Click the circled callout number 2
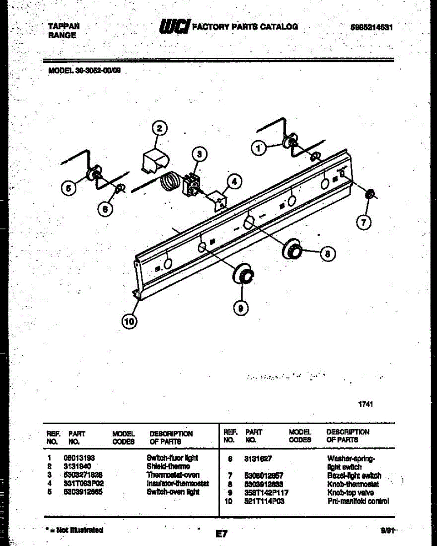[x=159, y=129]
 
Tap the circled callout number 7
[x=364, y=222]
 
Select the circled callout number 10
[x=129, y=322]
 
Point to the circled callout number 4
[x=233, y=182]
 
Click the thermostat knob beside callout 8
[x=293, y=249]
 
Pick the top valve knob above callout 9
[x=243, y=274]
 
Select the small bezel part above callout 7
[x=371, y=195]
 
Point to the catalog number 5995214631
[x=372, y=27]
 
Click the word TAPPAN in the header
[x=64, y=26]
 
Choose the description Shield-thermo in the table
[x=168, y=466]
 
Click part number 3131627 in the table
[x=258, y=459]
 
